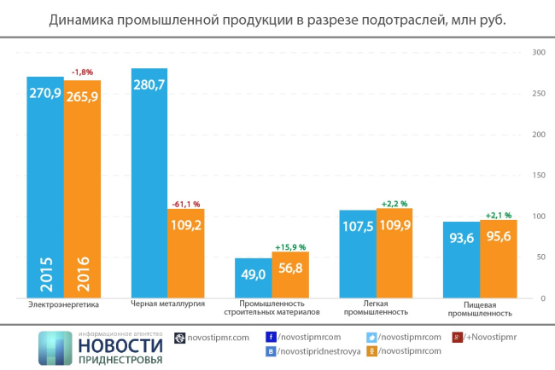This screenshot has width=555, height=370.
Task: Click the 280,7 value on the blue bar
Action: click(149, 84)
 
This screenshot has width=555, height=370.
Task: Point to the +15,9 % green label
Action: click(290, 247)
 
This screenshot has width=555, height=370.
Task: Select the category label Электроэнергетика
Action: click(63, 304)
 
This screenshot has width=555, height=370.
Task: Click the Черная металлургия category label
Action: click(166, 304)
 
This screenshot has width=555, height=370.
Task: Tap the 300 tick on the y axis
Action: click(539, 53)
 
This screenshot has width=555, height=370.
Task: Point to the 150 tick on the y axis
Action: click(539, 176)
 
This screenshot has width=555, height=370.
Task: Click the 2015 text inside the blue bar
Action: click(44, 275)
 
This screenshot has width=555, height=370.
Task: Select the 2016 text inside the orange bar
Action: click(82, 275)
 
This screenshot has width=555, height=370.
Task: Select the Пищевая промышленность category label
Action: click(479, 308)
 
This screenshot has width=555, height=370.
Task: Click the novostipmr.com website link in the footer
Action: click(217, 337)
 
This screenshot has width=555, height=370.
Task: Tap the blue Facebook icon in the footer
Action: click(271, 337)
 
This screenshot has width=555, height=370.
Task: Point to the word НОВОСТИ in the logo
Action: click(119, 344)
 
